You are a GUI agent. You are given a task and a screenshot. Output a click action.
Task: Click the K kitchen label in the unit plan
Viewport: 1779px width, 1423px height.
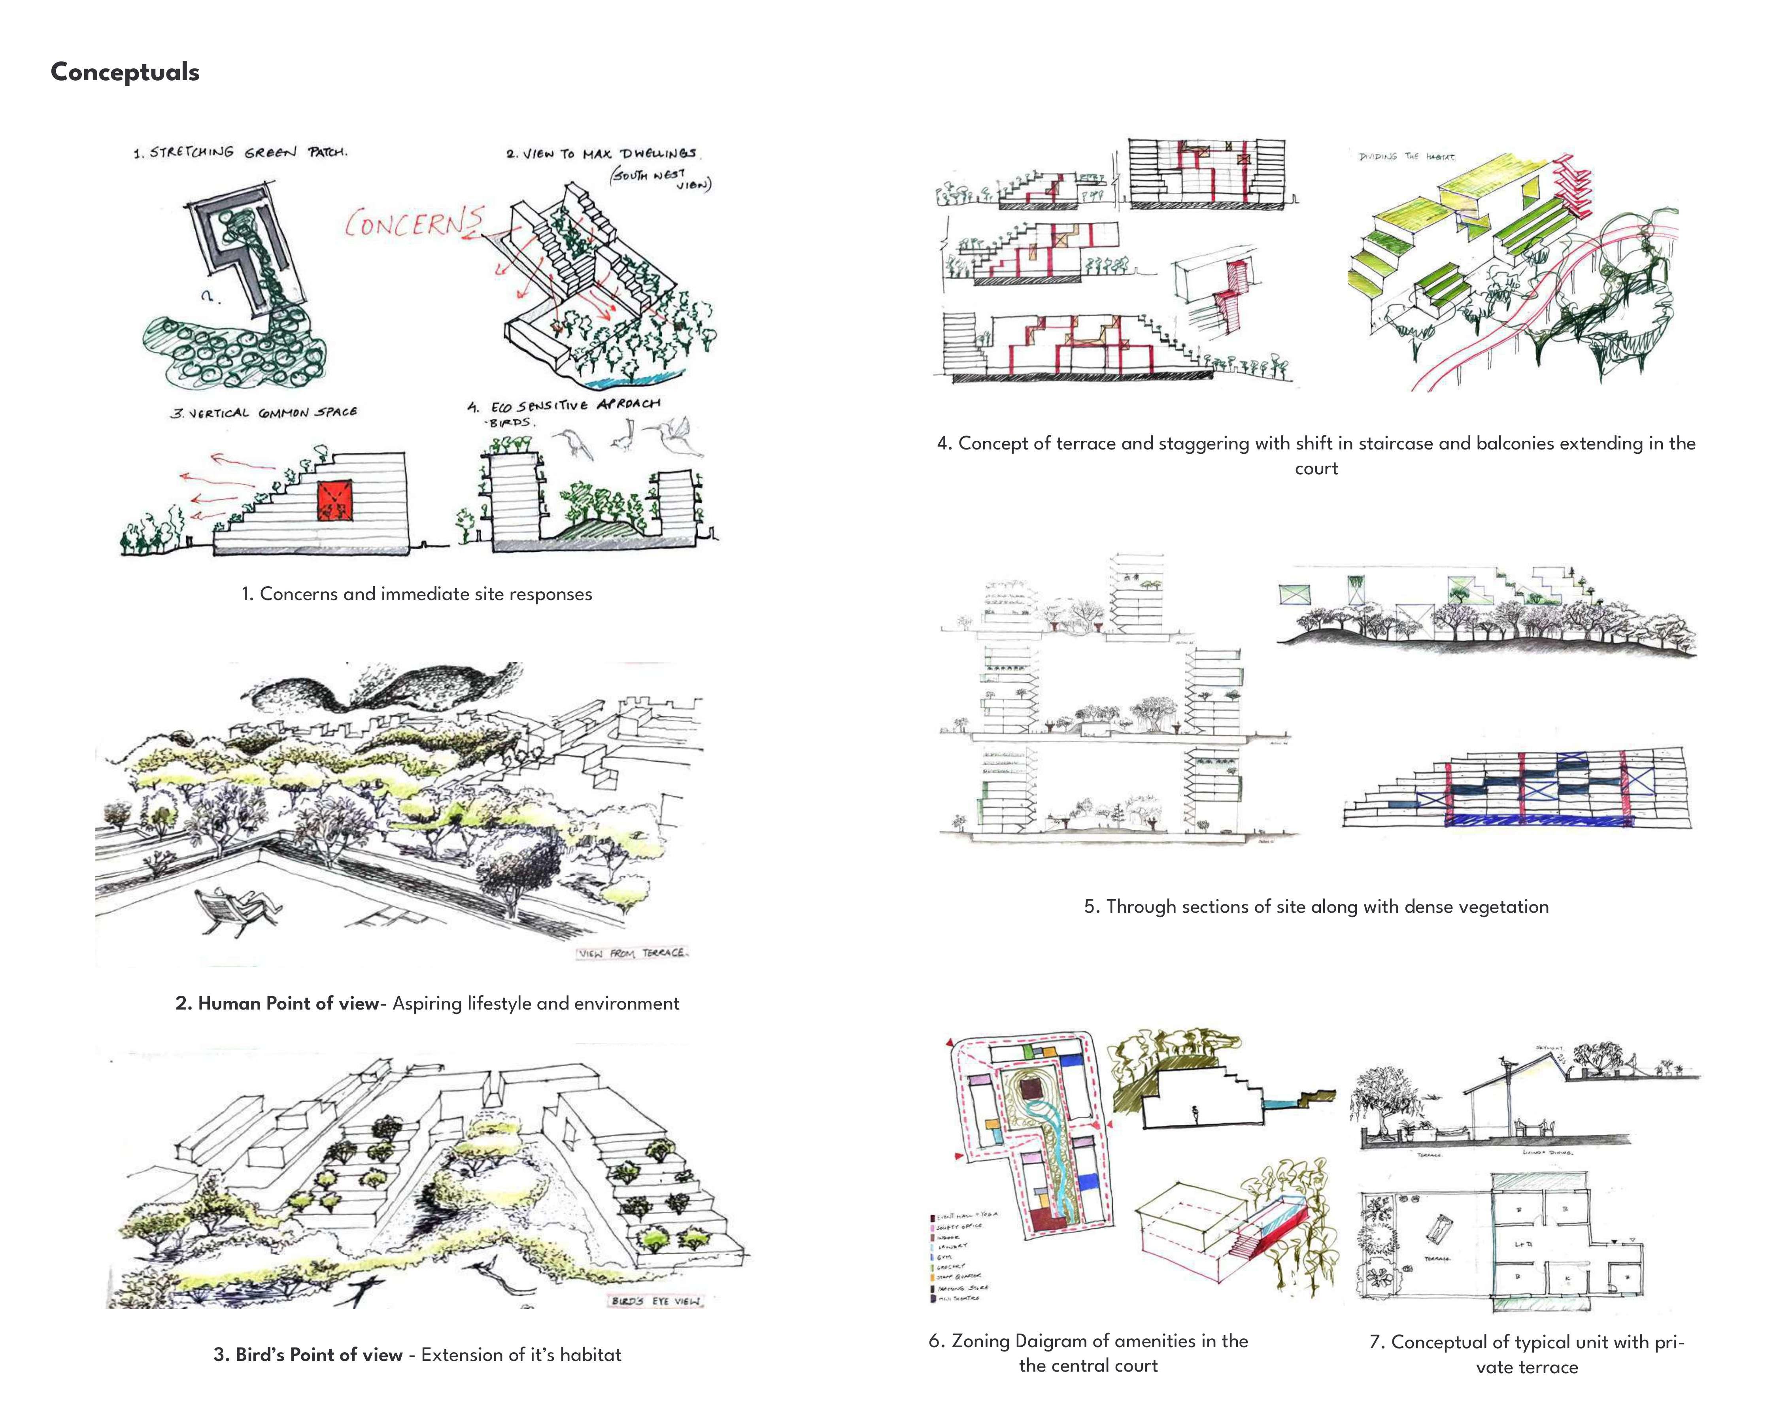click(1568, 1279)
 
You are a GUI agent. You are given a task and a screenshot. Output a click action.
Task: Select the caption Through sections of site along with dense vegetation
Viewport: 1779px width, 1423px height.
click(1316, 907)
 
